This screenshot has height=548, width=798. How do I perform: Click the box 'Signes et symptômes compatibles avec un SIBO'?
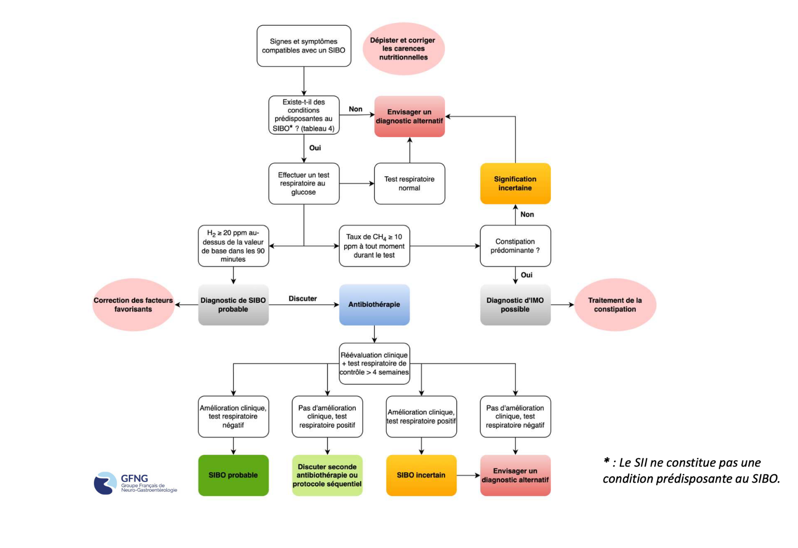(x=304, y=46)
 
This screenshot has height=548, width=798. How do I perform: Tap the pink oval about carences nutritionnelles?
(x=403, y=48)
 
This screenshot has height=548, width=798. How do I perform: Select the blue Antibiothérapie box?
(x=374, y=304)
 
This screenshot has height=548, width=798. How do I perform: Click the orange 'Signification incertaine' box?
(x=515, y=184)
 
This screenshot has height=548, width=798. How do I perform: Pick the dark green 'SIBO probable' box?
(x=233, y=475)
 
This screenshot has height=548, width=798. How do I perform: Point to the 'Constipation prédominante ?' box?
(x=515, y=246)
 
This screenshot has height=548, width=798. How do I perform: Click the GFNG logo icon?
(x=105, y=483)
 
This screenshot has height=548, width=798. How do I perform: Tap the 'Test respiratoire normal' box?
(x=409, y=184)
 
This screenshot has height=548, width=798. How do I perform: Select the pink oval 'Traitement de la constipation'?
(x=615, y=305)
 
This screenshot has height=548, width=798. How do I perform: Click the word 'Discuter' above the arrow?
(x=303, y=298)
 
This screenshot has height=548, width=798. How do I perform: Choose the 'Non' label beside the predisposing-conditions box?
(x=355, y=109)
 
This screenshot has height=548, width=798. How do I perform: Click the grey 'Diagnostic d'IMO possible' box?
(x=515, y=305)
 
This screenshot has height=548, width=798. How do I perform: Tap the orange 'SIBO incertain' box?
(x=421, y=475)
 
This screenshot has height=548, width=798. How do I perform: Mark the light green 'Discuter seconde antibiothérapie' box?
(x=327, y=475)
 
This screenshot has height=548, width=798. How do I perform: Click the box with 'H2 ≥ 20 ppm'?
(x=233, y=246)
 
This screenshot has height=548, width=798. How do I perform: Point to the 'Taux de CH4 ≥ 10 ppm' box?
(x=374, y=246)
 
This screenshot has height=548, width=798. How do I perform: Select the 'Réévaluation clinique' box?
(x=374, y=363)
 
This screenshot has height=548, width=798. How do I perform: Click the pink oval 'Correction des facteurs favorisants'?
(x=133, y=305)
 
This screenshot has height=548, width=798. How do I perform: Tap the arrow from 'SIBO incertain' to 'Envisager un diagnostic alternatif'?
(x=468, y=475)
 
